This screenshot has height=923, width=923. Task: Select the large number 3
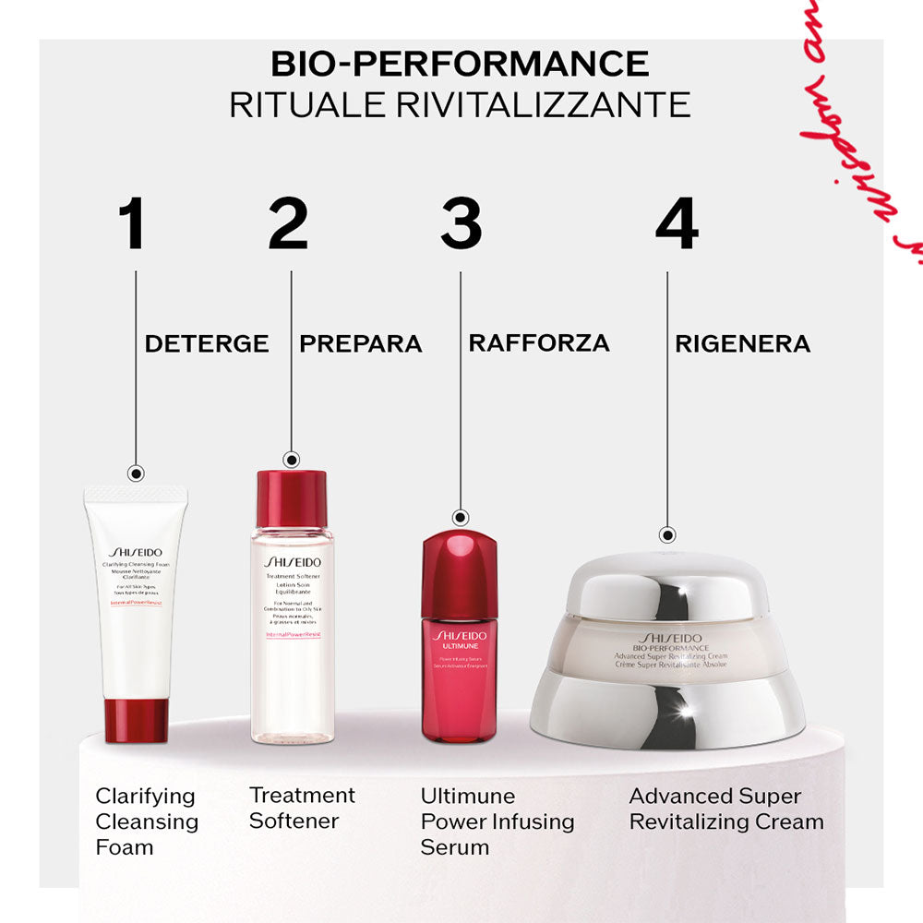tap(461, 224)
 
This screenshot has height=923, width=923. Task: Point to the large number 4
tap(676, 224)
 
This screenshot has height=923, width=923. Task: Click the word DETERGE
tap(207, 344)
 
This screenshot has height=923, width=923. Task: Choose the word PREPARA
tap(361, 344)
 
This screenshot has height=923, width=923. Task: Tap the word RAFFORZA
tap(539, 342)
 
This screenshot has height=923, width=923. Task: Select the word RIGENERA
tap(742, 344)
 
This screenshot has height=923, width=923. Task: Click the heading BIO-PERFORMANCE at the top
tap(460, 64)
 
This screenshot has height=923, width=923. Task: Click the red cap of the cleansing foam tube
tap(136, 720)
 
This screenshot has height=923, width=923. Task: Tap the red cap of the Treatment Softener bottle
tap(292, 499)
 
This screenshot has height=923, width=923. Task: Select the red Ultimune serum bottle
tap(459, 637)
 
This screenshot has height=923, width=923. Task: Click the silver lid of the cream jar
tap(668, 591)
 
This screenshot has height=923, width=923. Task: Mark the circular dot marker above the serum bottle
tap(461, 519)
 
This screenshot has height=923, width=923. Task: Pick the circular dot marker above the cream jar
tap(668, 534)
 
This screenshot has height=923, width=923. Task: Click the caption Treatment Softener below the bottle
tap(302, 808)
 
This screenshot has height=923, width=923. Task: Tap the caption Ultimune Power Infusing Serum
tap(497, 821)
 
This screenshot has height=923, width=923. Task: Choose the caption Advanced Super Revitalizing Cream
tap(726, 809)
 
